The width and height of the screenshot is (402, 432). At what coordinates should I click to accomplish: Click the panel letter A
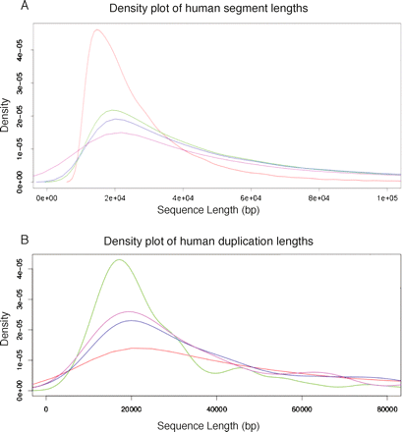(x=9, y=9)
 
